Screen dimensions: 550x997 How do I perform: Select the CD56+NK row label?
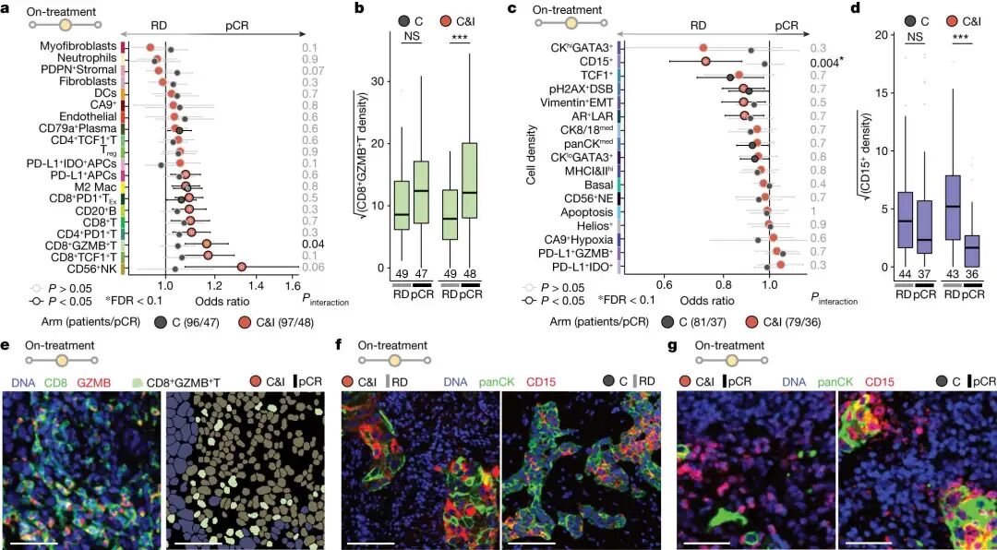pyautogui.click(x=90, y=268)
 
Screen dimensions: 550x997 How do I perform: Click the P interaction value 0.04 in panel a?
pyautogui.click(x=309, y=245)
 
